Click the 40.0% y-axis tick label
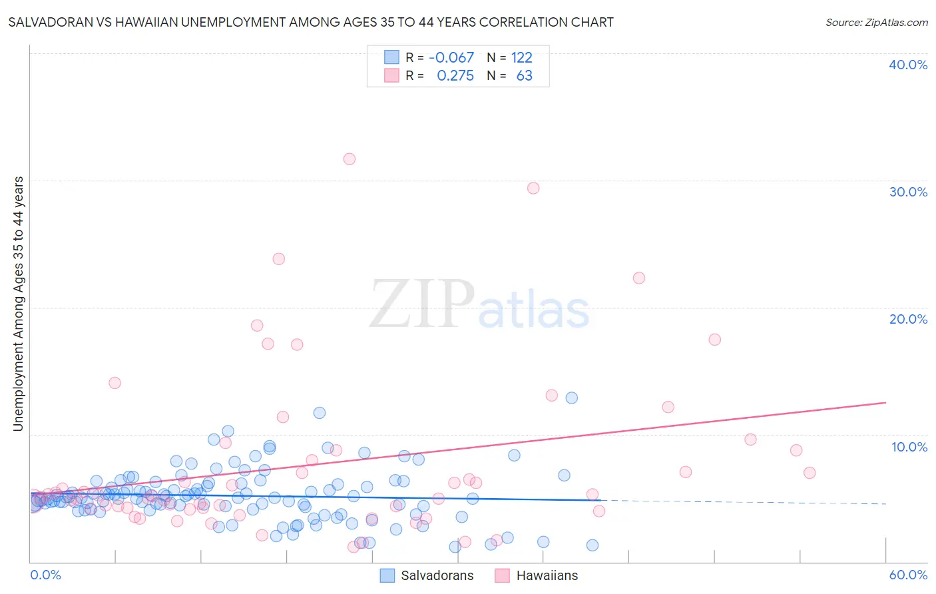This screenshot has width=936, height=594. [x=908, y=65]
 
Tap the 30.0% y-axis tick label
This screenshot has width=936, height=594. [x=908, y=192]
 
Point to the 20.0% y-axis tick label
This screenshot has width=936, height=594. [x=908, y=319]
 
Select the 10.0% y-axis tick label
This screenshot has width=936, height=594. [x=909, y=447]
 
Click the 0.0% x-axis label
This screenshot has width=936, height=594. [x=45, y=575]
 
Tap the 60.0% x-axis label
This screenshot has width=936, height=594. [x=908, y=575]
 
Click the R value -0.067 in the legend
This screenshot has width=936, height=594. [x=451, y=58]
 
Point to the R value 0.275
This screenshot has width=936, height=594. [x=455, y=76]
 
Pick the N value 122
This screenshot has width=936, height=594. [x=522, y=58]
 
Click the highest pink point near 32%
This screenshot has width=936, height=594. [x=350, y=159]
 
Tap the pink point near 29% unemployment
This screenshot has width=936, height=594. [x=533, y=188]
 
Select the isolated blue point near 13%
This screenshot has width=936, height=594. [x=572, y=398]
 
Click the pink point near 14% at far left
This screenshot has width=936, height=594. [x=115, y=383]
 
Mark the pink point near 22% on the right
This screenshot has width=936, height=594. [x=639, y=278]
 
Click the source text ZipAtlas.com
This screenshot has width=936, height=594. [x=876, y=23]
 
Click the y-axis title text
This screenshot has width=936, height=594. [x=19, y=304]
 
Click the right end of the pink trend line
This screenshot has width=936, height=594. [x=885, y=403]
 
